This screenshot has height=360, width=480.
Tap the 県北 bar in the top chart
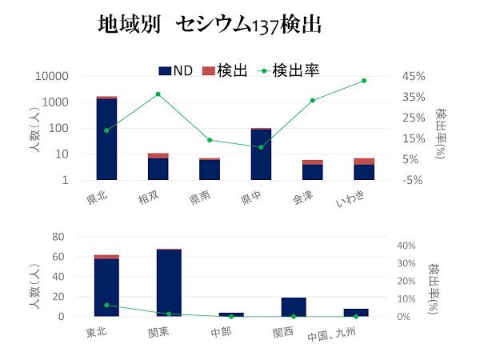pos(106,139)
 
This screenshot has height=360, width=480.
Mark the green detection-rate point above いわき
pos(364,81)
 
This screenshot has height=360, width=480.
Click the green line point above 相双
pos(158,94)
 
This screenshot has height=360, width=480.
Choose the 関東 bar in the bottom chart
pos(169,283)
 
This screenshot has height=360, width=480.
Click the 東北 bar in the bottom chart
pos(106,287)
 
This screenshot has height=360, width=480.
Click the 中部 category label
pos(221,332)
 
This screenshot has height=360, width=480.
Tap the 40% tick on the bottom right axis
pos(406,246)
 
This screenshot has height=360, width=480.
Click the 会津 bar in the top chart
pos(313,170)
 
